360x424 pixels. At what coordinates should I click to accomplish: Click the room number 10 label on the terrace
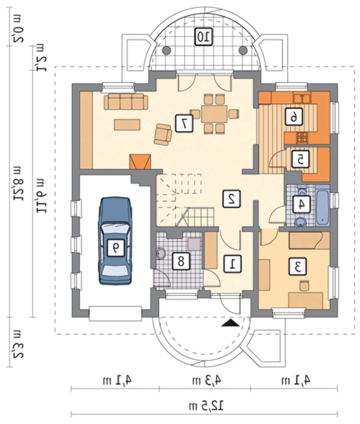(204, 37)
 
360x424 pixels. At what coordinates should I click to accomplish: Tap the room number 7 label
(184, 123)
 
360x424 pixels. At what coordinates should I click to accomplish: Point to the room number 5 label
(300, 159)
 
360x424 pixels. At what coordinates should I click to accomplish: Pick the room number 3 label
(298, 267)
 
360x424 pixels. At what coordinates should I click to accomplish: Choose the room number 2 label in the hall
(231, 199)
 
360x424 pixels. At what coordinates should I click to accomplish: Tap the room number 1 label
(233, 264)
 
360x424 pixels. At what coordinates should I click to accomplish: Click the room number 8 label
(181, 261)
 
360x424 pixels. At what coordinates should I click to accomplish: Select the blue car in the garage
(115, 241)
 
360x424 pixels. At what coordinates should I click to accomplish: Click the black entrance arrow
(230, 323)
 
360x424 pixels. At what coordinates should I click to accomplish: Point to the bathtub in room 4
(322, 205)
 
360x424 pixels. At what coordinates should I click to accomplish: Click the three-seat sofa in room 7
(126, 102)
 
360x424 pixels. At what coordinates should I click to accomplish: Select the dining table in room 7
(214, 114)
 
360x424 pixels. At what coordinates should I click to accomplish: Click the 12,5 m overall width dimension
(207, 406)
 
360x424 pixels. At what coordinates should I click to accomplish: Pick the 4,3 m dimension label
(207, 380)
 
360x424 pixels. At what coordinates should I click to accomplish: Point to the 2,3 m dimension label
(18, 343)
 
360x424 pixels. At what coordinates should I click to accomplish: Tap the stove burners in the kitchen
(302, 137)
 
